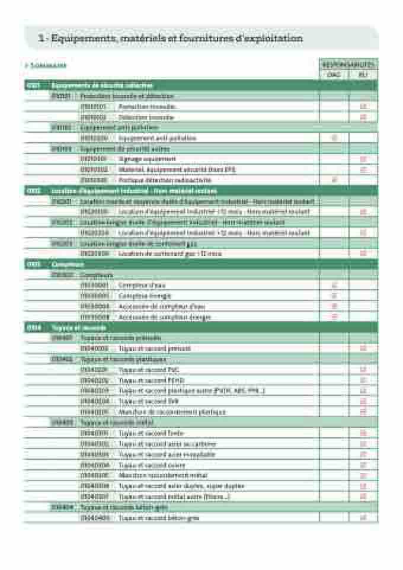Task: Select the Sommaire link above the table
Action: (47, 66)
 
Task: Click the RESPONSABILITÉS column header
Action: (348, 64)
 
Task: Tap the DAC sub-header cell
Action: (334, 75)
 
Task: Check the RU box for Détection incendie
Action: (363, 117)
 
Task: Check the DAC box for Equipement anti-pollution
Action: (334, 138)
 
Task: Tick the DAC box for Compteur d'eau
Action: (334, 286)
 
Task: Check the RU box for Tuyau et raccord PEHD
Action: (363, 380)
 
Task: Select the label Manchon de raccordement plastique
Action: (172, 412)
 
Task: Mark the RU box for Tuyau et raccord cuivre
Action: (363, 465)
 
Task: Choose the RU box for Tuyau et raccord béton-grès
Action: (363, 518)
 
